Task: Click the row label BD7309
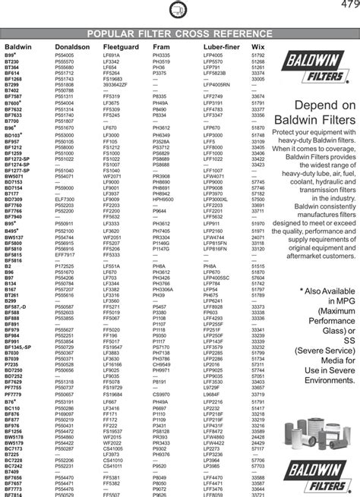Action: point(14,199)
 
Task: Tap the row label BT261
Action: point(11,296)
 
